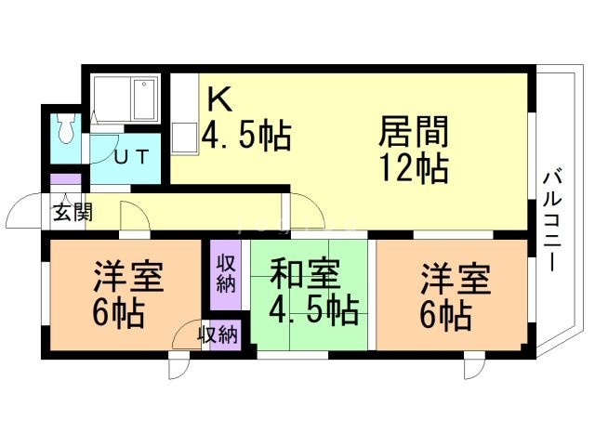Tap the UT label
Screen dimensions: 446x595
130,156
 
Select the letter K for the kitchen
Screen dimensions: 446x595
218,98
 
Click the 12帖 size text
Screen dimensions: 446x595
414,169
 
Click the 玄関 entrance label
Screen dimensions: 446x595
71,212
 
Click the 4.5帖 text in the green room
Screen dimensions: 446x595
313,309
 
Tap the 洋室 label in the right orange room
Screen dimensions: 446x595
455,278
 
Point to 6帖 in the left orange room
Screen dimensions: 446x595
117,313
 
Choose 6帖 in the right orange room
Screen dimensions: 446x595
443,313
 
